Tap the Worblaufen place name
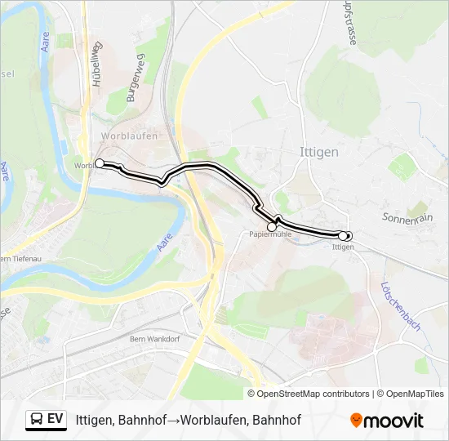coord(129,136)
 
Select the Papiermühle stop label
coord(270,234)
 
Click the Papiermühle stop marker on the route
coord(272,227)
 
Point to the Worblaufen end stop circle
coord(100,163)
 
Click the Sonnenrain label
coord(407,217)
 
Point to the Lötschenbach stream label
coord(400,306)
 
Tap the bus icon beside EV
coord(36,419)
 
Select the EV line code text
coord(56,419)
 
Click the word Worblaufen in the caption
coord(213,421)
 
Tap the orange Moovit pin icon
coord(356,421)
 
